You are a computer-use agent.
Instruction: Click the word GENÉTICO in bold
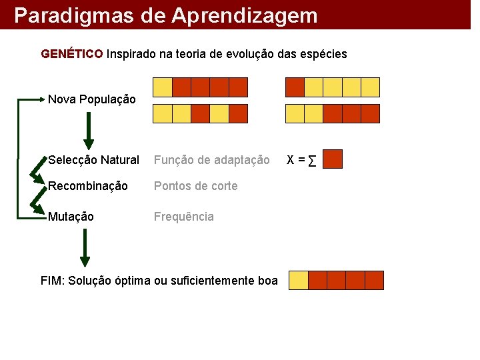coord(72,53)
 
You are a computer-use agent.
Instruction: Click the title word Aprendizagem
coord(245,15)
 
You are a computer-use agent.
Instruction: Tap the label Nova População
coord(91,100)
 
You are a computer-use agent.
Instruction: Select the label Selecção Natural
coord(93,160)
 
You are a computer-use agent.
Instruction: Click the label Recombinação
coord(87,186)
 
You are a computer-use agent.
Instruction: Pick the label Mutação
coord(71,217)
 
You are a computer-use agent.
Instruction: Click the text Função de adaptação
coord(211,160)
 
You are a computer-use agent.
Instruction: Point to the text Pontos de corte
coord(195,186)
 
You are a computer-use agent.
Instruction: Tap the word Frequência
coord(183,217)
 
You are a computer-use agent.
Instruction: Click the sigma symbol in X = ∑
coord(312,161)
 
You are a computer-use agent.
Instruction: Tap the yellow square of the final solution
coord(299,280)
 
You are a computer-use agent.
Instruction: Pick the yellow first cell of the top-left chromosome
coord(163,87)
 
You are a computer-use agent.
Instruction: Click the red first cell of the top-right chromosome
coord(295,87)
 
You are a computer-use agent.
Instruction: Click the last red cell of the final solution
coord(375,280)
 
